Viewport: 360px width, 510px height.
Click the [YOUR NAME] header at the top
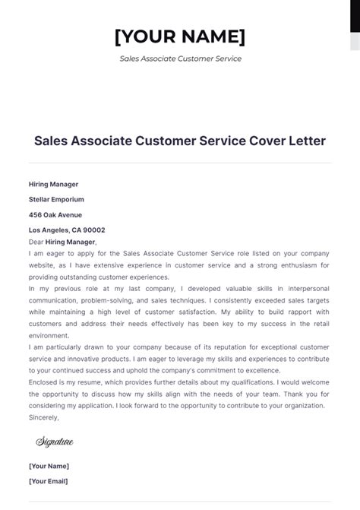point(179,36)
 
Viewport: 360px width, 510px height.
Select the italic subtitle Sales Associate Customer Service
point(180,59)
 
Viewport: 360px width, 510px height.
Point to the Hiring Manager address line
point(53,184)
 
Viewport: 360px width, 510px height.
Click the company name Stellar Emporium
point(56,199)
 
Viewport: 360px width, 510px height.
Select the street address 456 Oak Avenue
point(54,214)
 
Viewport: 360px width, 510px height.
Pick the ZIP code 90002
point(95,230)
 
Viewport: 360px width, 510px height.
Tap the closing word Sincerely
point(43,417)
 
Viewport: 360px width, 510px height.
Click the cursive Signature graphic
point(55,442)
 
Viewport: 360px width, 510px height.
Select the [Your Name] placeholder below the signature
point(49,466)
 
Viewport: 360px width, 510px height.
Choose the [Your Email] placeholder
point(48,481)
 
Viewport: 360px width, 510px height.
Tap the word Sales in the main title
point(52,141)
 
